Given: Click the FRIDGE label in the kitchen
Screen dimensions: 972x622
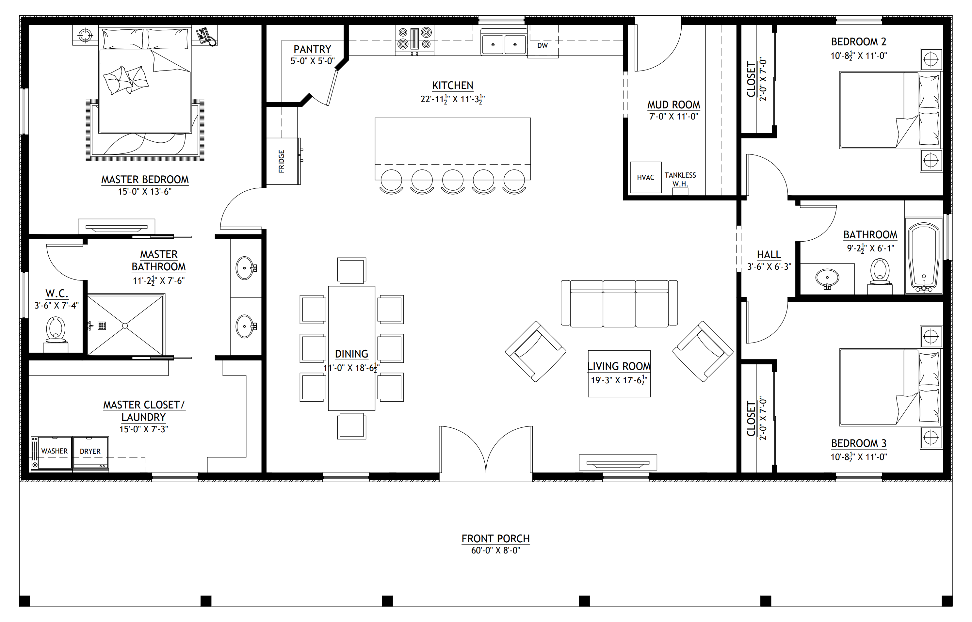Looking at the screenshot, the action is tap(282, 162).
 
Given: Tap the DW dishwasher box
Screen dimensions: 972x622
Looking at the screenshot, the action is tap(543, 46).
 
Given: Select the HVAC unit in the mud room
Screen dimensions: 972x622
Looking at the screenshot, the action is tap(646, 177).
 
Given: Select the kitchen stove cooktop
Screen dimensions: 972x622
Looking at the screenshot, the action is tap(414, 39).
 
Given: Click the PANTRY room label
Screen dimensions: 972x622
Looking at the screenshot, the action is tap(312, 49).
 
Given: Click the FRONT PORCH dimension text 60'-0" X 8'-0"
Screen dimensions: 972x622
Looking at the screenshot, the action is tap(496, 550).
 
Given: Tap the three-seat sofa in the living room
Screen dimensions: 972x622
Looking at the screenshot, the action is tap(619, 303).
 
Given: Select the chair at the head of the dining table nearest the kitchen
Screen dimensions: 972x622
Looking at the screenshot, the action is tap(351, 271).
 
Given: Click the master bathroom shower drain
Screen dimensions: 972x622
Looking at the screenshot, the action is tap(125, 326).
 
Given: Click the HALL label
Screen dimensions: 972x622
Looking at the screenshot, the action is tap(769, 255).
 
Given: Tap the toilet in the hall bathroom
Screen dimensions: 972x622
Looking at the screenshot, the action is tap(880, 276).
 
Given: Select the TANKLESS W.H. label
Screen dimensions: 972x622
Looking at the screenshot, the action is tap(680, 179).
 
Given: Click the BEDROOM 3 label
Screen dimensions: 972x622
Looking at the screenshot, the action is tap(858, 443).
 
